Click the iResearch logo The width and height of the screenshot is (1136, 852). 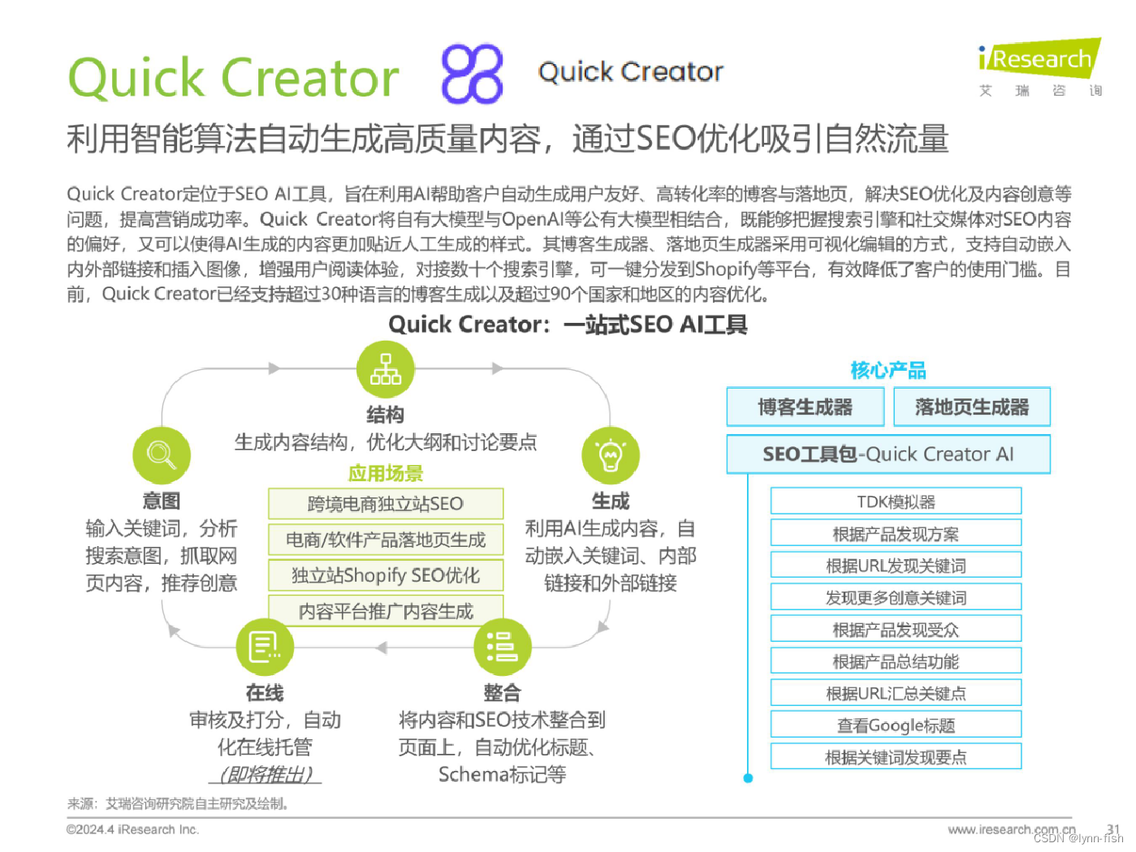point(1039,60)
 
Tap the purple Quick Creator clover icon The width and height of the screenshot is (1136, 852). point(472,74)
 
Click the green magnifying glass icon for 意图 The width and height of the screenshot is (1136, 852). point(162,454)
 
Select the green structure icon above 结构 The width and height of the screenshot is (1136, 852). point(386,369)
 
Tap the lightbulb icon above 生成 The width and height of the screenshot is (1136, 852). point(611,455)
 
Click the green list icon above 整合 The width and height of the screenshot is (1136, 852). point(502,647)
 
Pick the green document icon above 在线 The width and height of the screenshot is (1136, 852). point(265,647)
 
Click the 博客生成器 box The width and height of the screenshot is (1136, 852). point(805,407)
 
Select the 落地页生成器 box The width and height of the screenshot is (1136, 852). point(971,407)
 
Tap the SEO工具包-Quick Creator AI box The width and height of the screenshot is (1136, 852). point(888,454)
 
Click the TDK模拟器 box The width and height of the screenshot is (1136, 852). point(896,501)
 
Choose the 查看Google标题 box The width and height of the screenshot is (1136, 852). point(896,725)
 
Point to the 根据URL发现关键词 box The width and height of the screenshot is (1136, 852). point(896,566)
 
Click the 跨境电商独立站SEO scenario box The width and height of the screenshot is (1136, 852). point(386,504)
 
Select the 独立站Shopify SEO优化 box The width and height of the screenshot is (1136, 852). point(386,575)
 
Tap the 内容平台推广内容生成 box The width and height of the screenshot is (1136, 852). point(386,611)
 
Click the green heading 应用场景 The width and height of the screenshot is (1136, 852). point(386,473)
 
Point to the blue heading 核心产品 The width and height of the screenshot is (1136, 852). point(888,371)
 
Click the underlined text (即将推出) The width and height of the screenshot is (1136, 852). point(266,775)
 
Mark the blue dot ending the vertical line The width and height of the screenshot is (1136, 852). point(748,778)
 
